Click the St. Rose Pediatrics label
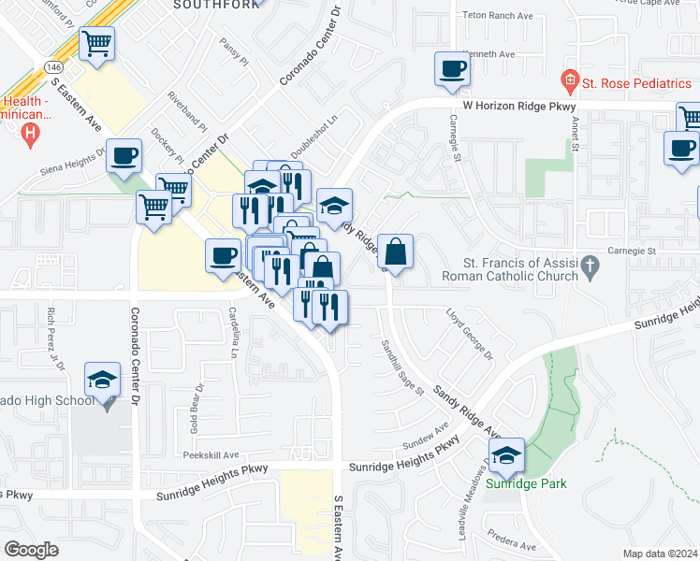[636, 83]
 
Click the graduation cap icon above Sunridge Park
[506, 455]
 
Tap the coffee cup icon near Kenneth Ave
[453, 68]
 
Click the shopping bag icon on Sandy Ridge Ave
[396, 251]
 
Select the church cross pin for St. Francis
[590, 266]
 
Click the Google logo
[31, 550]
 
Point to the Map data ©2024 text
[659, 554]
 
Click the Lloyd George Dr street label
[469, 338]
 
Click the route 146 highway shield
[51, 65]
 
